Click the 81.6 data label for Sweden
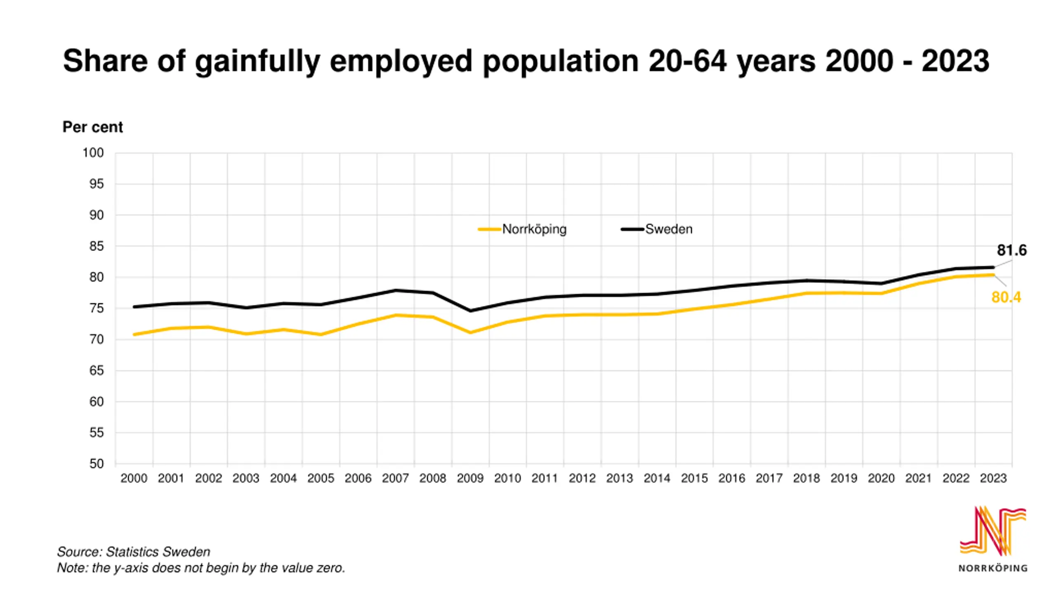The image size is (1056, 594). point(1011,250)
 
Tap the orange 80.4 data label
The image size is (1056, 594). point(1006,297)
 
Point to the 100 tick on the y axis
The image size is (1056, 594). point(93,153)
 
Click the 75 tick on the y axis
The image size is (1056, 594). point(97,308)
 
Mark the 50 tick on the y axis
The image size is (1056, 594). point(97,464)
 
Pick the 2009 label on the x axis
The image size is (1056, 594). point(470,478)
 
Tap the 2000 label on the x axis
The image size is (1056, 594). point(134,478)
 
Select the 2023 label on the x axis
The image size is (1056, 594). point(993,478)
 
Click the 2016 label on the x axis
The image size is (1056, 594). point(731,478)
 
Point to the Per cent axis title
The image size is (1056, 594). point(92,127)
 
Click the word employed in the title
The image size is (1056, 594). point(401,61)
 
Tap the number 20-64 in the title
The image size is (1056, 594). point(687,61)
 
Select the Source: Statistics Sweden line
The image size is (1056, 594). point(134,552)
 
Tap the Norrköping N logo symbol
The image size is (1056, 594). point(992,531)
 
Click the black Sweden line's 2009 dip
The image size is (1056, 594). point(470,311)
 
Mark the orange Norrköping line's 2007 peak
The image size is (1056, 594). point(396,316)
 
